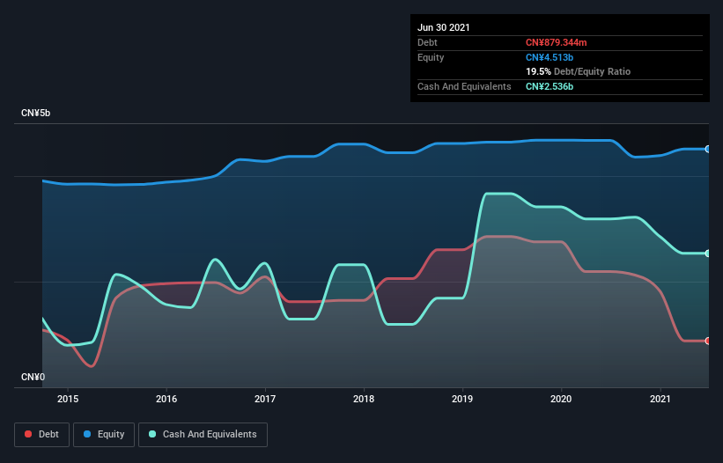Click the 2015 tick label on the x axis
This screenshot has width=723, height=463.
pos(68,399)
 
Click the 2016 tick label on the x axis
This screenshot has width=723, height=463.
pos(166,399)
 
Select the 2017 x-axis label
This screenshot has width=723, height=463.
pos(265,399)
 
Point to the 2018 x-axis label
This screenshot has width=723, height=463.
pos(364,399)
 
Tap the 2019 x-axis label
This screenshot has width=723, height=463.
pos(462,399)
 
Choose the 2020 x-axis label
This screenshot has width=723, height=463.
pos(561,399)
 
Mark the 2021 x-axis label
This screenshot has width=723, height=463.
pos(660,399)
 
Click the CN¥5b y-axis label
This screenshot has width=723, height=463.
pos(36,113)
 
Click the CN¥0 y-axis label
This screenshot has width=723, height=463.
pos(33,377)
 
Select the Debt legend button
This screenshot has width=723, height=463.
pos(42,434)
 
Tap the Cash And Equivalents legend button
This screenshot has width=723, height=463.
pos(203,434)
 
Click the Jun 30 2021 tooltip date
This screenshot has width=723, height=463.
pos(444,27)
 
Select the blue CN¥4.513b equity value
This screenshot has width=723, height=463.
pos(550,57)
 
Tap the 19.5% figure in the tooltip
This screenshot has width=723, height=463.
pos(538,71)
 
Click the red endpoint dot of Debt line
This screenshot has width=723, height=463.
pos(708,341)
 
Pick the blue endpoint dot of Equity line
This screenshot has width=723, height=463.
pos(708,149)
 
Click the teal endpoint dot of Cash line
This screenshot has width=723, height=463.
pos(708,254)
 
